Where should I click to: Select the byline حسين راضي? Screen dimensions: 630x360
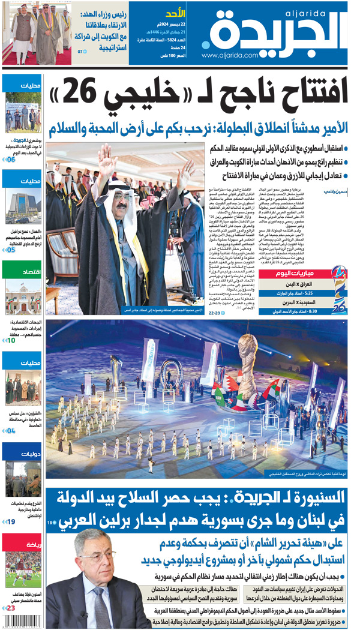click(x=336, y=190)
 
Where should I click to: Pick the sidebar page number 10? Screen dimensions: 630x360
click(x=10, y=340)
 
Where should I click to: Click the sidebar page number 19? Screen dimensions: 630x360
click(x=10, y=521)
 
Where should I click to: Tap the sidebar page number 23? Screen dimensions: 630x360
click(x=10, y=608)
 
